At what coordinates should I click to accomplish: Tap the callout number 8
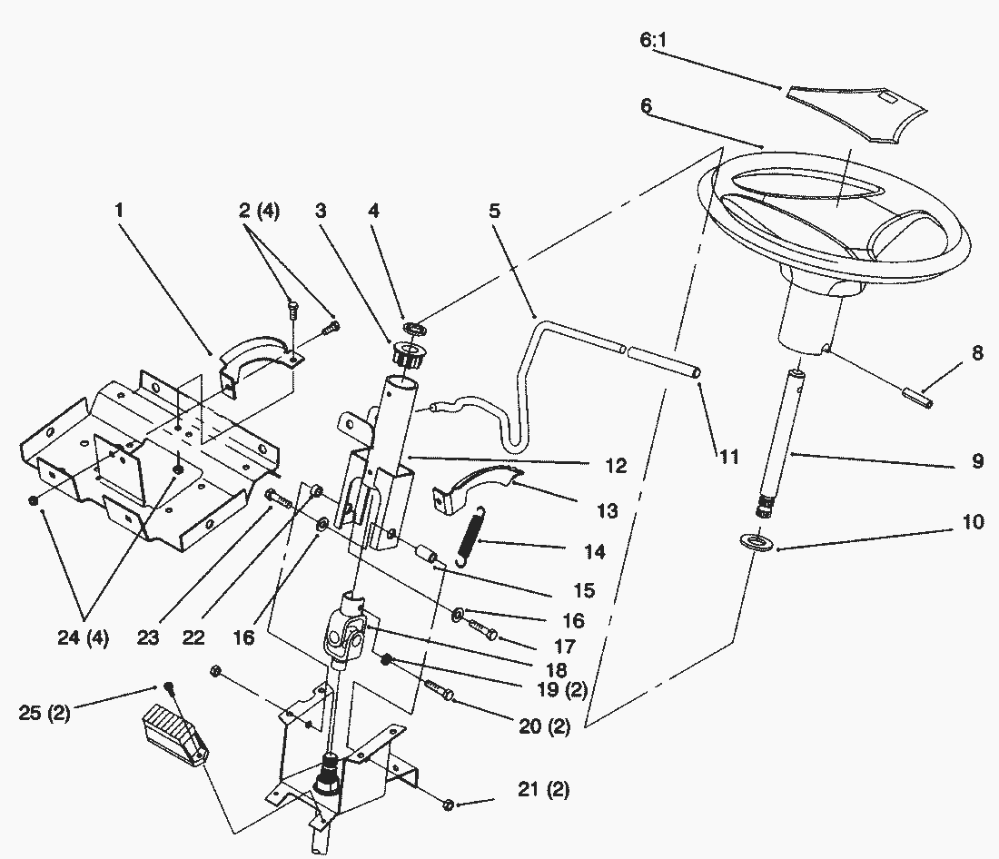pyautogui.click(x=976, y=354)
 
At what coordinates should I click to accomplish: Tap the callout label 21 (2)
pyautogui.click(x=544, y=790)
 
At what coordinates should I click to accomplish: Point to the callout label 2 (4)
pyautogui.click(x=260, y=212)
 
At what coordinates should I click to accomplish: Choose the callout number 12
pyautogui.click(x=616, y=467)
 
